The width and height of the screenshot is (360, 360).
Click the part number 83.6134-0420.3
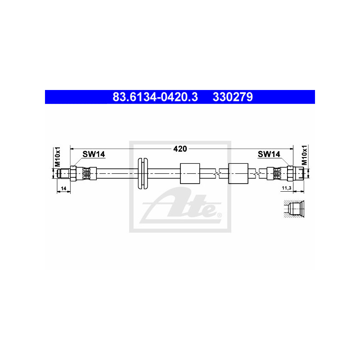pyautogui.click(x=155, y=97)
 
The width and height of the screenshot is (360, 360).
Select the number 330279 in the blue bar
pyautogui.click(x=233, y=97)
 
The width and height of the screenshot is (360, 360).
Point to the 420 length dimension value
pyautogui.click(x=180, y=149)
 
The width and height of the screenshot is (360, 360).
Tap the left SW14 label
pyautogui.click(x=94, y=154)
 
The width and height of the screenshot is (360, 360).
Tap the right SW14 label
pyautogui.click(x=269, y=154)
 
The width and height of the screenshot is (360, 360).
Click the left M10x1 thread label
pyautogui.click(x=57, y=157)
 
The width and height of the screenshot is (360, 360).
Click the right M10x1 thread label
pyautogui.click(x=304, y=155)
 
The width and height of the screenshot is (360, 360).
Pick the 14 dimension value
pyautogui.click(x=63, y=189)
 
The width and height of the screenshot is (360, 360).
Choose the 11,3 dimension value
pyautogui.click(x=286, y=188)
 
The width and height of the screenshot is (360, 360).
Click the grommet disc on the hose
pyautogui.click(x=143, y=173)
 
